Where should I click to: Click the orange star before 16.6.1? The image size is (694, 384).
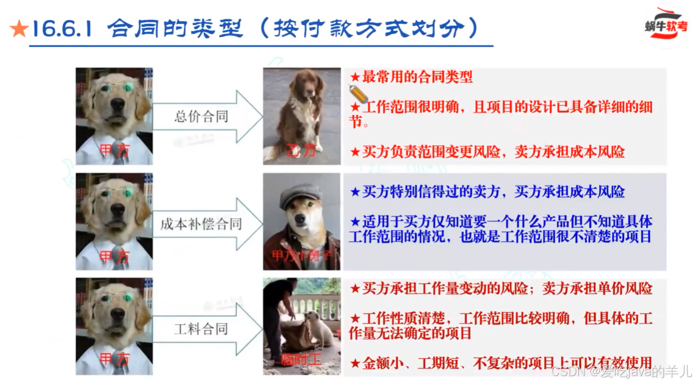coord(19,30)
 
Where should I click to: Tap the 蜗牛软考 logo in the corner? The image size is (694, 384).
coord(666,26)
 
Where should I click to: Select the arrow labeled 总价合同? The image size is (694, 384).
coord(206,117)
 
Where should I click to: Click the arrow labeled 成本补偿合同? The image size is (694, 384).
coord(206,224)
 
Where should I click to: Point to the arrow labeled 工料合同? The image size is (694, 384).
coord(206,329)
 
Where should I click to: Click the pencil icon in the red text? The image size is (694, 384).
coord(358,93)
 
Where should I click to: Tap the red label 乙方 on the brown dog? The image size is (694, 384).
coord(302,151)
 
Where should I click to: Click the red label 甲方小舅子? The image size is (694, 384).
coord(301,256)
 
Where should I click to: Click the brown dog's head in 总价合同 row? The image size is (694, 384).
coord(308,83)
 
